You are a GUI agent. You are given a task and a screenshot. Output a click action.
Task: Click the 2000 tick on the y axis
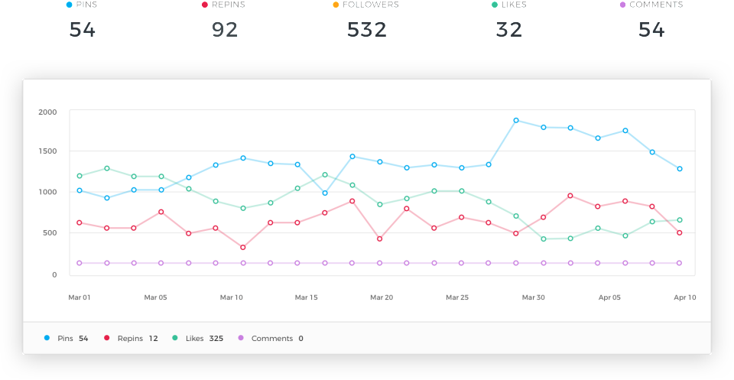coord(47,112)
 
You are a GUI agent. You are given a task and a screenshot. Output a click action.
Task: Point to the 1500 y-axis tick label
coord(47,151)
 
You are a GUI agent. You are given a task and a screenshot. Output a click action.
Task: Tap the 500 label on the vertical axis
coord(49,233)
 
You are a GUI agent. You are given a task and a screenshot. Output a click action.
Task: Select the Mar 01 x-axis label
coord(80,297)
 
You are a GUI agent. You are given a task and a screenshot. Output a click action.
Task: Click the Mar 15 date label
coord(307,297)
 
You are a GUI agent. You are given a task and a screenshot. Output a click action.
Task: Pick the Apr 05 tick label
coord(609,297)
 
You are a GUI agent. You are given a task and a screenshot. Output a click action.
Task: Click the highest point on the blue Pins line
coord(516,120)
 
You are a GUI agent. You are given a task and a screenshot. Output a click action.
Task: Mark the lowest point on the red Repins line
coord(243,248)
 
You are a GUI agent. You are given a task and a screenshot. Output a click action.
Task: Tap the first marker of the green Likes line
coord(80,176)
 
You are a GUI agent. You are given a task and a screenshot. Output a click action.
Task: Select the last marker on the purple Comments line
coord(680,263)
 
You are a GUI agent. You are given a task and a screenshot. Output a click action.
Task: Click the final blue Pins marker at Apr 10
coord(680,169)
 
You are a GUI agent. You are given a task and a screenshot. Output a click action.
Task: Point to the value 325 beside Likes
coord(216,338)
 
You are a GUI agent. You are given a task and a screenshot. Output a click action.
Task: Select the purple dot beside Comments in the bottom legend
coord(241,338)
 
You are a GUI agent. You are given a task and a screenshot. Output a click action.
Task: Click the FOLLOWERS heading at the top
coord(371,5)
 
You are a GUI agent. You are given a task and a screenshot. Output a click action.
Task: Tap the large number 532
coord(366,30)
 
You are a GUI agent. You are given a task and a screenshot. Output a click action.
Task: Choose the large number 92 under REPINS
coord(225,30)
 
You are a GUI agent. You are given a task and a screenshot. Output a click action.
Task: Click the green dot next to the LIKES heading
coord(495,5)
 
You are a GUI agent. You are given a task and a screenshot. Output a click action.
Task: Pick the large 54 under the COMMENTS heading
coord(651,30)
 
